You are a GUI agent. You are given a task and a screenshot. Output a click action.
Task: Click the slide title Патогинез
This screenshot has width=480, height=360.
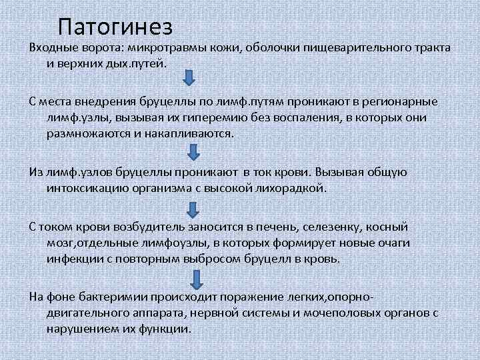[x=115, y=26]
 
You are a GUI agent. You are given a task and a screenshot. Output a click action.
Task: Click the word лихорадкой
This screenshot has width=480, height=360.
[x=289, y=187]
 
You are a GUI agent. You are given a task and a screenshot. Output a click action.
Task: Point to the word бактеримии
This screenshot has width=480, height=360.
[x=118, y=296]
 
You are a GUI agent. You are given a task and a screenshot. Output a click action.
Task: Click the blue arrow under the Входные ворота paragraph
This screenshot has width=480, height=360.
[x=189, y=79]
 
